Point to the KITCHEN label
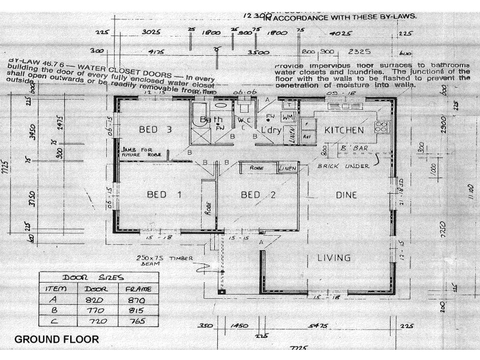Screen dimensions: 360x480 (344, 130)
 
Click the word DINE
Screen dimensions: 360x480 (346, 195)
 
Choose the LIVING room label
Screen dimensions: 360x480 (334, 258)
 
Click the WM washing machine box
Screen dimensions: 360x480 (288, 116)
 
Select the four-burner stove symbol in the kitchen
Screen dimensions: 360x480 (381, 127)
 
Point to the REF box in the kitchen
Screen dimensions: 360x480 (308, 136)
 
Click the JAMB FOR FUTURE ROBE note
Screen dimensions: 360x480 (142, 153)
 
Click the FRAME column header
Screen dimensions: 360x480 (137, 289)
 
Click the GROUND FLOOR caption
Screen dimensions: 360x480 (56, 340)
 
